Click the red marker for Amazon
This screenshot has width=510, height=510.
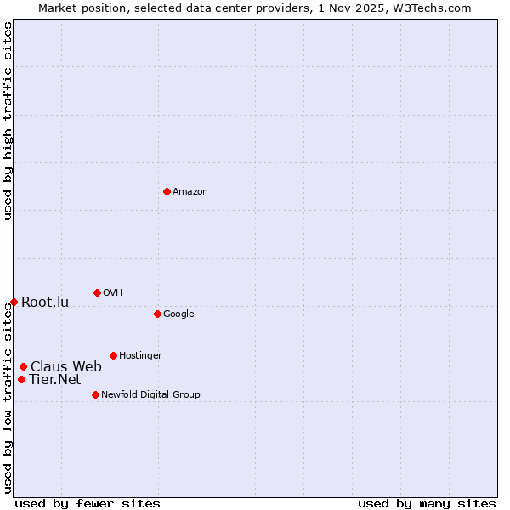[x=167, y=191]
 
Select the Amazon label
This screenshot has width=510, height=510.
[x=190, y=192]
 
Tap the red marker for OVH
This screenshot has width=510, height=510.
[x=97, y=292]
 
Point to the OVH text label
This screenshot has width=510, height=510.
[x=113, y=293]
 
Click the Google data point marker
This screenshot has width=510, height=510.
[x=157, y=314]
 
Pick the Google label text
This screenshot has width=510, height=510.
[x=178, y=314]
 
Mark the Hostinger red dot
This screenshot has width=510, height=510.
[x=113, y=355]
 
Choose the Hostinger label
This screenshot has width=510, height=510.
[x=140, y=356]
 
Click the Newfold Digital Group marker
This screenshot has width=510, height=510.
[x=95, y=394]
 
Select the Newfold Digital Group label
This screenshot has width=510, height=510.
[x=150, y=395]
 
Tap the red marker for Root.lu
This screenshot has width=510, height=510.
[x=14, y=302]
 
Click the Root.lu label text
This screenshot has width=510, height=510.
[x=45, y=303]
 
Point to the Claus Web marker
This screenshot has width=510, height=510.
[x=23, y=366]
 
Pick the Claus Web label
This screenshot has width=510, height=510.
[x=66, y=367]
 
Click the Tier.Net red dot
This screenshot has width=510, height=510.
[x=21, y=379]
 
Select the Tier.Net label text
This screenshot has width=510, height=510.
[x=55, y=380]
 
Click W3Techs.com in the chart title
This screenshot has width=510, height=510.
[x=436, y=8]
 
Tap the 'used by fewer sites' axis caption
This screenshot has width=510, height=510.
[x=88, y=503]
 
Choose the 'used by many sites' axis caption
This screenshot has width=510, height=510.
[x=427, y=503]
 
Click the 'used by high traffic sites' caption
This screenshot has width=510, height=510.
[x=8, y=121]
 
